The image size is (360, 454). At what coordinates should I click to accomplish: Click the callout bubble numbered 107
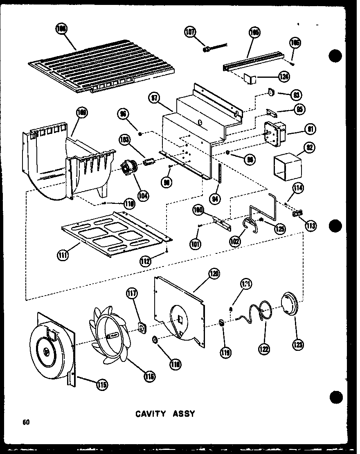(190, 32)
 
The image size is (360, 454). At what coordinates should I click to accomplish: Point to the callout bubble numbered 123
(297, 344)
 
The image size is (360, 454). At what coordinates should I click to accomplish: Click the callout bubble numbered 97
(154, 99)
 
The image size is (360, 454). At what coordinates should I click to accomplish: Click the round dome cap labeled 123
(291, 306)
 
